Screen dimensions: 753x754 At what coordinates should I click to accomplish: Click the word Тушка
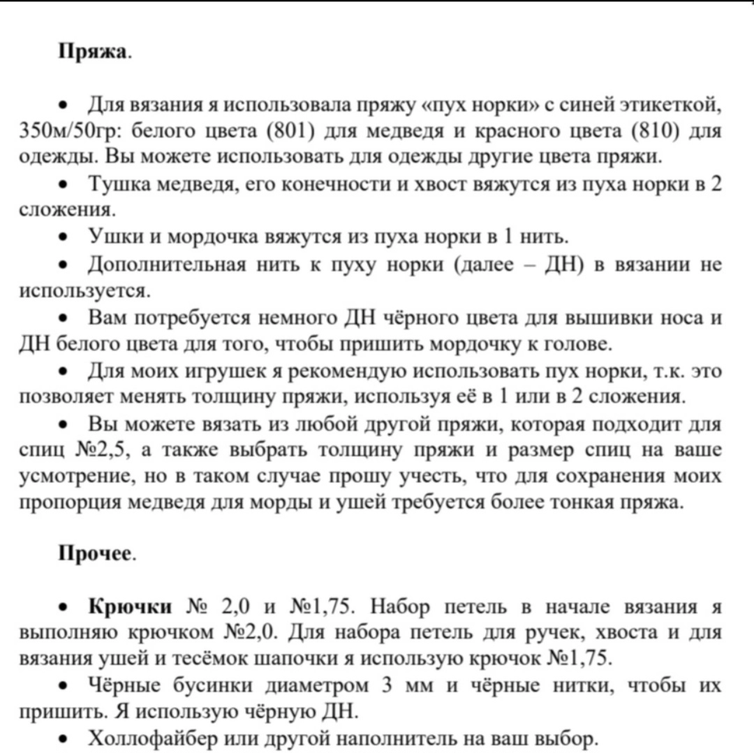[x=116, y=184]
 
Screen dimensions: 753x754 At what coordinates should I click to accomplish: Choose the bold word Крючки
[x=129, y=606]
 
